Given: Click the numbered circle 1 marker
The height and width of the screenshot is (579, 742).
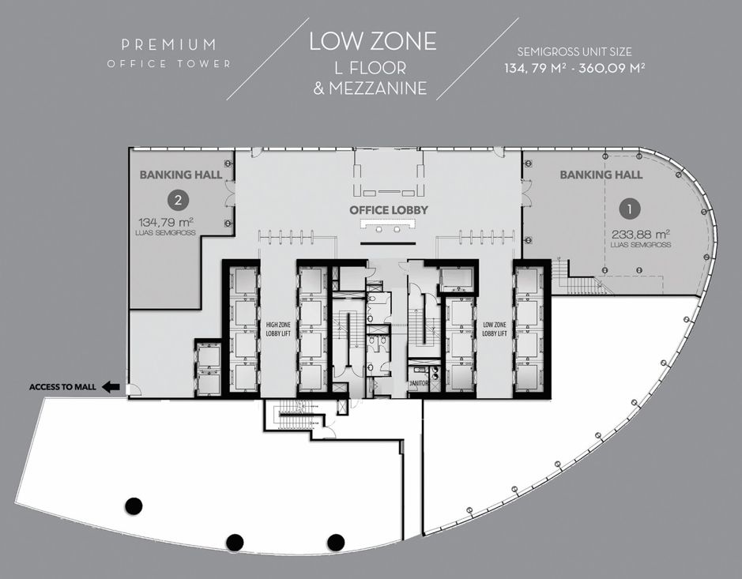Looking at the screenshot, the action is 629,209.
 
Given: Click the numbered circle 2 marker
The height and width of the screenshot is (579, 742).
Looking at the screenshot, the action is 178,200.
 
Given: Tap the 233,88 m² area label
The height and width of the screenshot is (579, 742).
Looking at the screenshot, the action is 640,234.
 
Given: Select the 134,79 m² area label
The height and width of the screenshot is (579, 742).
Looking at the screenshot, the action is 166,222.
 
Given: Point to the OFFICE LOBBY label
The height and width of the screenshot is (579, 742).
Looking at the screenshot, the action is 389,210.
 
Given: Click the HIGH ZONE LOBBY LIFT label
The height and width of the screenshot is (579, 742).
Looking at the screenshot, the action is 278,329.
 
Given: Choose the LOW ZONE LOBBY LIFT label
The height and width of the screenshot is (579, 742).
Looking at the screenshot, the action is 495,329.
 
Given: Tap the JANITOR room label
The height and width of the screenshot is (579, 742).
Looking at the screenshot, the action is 418,383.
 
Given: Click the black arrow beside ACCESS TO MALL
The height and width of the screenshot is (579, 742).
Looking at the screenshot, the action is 111,387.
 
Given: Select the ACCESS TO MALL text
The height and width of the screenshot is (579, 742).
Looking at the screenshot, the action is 62,387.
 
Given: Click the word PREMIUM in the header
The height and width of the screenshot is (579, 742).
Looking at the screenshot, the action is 168,45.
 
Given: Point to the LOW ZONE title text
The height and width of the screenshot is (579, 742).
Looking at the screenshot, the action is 373,41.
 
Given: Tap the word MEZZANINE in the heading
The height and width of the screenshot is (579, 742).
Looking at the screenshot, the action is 378,88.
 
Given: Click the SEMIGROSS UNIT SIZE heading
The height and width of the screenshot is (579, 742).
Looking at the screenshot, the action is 574,51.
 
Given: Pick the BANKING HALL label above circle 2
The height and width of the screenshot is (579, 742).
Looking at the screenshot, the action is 181,175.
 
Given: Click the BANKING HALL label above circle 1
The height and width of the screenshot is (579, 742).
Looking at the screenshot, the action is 601,175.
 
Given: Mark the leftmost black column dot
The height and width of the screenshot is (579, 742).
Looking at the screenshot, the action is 134,506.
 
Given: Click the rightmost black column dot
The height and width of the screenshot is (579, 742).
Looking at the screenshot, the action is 336,542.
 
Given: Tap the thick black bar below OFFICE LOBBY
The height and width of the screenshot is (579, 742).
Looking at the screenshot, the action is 388,243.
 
